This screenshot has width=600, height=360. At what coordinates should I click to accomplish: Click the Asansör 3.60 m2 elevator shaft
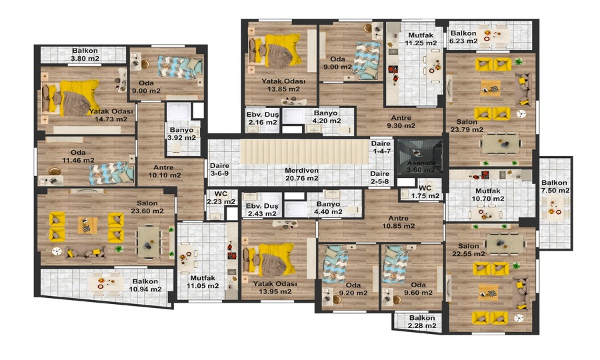pos(419,156)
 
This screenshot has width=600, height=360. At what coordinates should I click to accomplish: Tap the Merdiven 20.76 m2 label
pos(301,174)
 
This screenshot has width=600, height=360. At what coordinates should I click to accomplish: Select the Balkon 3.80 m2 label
pos(85,54)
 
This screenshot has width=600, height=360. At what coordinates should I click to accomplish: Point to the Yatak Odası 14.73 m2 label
pos(111,115)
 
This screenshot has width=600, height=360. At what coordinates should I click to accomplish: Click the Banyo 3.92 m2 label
pos(181,134)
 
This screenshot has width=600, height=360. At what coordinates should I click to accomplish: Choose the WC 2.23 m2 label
pos(221,198)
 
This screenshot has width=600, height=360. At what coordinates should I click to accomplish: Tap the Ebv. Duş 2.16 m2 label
pos(263,119)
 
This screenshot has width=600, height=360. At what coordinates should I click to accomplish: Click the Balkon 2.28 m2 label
pos(422,322)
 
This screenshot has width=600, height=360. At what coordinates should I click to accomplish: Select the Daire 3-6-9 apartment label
pos(219,169)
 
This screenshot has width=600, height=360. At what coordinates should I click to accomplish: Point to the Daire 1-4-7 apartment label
pos(381,147)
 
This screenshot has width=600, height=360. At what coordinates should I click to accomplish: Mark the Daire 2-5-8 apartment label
pos(379,177)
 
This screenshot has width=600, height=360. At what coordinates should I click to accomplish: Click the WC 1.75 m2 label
pos(425,192)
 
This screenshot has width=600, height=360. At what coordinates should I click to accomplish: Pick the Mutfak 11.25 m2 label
pos(421,39)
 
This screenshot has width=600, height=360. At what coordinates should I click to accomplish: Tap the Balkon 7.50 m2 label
pos(555,187)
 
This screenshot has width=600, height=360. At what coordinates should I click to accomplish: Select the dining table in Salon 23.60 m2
pos(148,242)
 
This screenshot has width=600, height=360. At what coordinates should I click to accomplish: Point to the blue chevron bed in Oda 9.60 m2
pos(394,263)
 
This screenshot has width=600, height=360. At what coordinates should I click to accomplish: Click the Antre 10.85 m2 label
pos(399,222)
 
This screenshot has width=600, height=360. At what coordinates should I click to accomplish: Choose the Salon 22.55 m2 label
pos(469,250)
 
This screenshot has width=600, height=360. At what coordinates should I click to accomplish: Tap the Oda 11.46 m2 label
pos(78,157)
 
